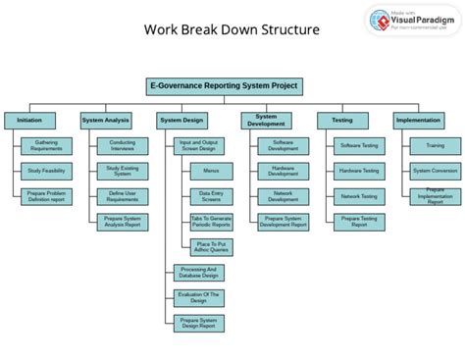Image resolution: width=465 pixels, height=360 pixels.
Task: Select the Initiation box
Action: click(29, 121)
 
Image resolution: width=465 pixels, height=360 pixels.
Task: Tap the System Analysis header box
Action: click(106, 121)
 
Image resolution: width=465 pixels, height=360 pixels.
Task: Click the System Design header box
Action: click(182, 121)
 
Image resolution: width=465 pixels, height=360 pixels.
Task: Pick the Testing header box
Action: click(342, 121)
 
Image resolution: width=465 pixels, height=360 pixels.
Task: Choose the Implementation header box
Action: click(417, 121)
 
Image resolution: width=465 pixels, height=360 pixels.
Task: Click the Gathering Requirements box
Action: click(47, 145)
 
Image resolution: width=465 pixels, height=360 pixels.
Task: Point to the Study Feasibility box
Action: click(47, 171)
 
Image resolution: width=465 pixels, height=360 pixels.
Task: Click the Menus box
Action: click(212, 171)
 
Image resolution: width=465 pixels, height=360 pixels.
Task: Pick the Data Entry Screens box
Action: click(212, 196)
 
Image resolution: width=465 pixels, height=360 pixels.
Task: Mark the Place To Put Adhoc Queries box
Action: click(212, 247)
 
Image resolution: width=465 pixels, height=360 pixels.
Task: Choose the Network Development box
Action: click(282, 196)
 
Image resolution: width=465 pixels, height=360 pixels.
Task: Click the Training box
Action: click(434, 145)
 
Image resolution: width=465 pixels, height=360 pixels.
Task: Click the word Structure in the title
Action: click(284, 29)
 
